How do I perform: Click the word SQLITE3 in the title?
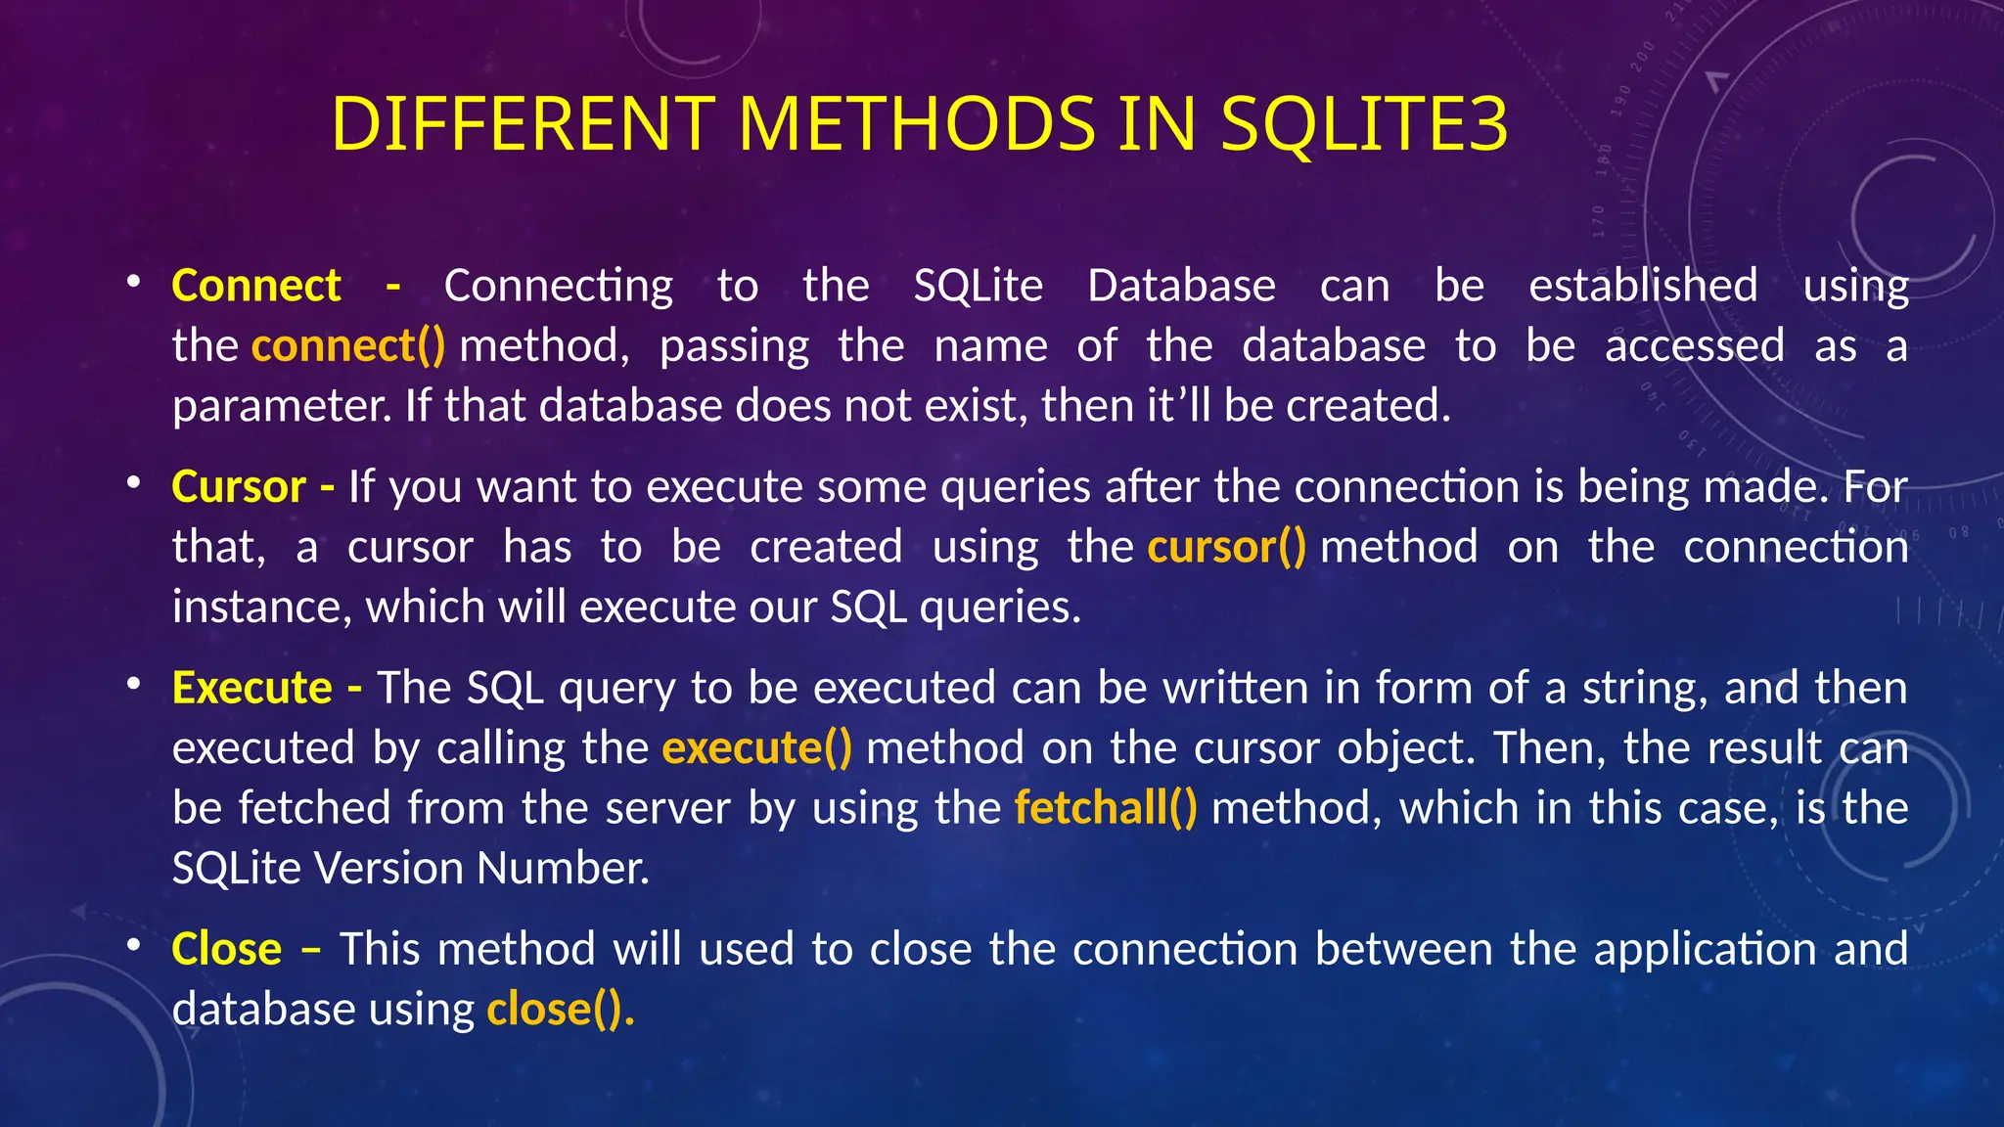[1364, 124]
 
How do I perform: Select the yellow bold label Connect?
[255, 286]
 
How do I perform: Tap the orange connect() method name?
[347, 346]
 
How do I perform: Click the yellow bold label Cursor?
[239, 486]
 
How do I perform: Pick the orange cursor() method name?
[1226, 547]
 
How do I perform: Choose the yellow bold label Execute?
[251, 688]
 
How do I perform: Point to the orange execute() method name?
[756, 748]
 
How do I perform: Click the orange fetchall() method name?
[1106, 808]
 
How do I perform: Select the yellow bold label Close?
[226, 949]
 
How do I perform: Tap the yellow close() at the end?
[560, 1010]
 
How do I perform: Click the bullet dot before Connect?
[134, 283]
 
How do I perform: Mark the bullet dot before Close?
[134, 946]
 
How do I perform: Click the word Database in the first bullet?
[1181, 286]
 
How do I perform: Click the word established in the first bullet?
[1643, 286]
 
